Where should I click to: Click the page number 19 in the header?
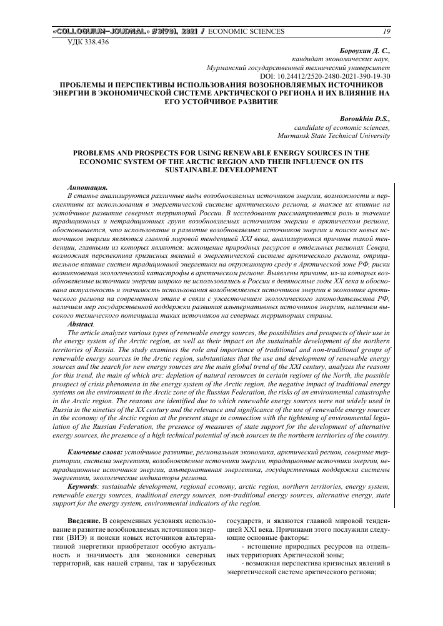point(386,31)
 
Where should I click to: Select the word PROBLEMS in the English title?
point(99,152)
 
